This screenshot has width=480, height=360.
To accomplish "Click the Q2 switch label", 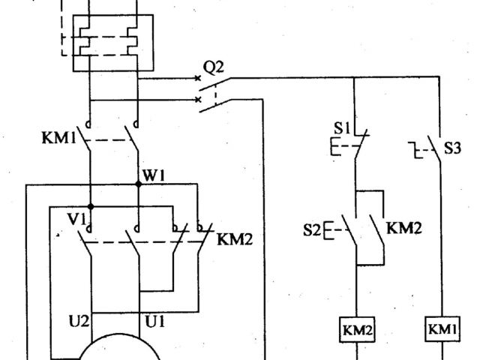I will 214,67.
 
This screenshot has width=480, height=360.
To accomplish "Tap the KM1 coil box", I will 442,330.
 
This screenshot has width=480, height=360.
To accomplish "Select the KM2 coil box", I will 358,330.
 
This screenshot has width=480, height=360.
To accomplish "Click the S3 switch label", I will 451,148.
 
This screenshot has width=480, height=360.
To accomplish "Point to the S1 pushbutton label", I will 340,129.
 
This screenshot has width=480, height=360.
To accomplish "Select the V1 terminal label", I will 75,220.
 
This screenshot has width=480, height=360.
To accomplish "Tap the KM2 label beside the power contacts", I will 234,240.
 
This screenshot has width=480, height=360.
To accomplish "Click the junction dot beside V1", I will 90,205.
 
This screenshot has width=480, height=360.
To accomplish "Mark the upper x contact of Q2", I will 199,76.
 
